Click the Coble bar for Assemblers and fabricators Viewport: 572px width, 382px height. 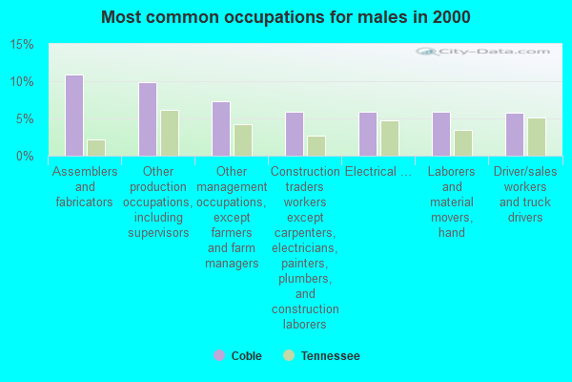click(x=74, y=116)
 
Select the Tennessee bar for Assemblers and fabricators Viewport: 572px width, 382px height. click(x=96, y=148)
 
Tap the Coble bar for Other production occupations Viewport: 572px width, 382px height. click(x=148, y=119)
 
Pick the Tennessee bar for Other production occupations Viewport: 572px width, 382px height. click(x=170, y=133)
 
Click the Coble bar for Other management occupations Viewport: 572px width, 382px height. click(x=221, y=129)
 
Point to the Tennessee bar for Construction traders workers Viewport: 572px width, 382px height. click(x=317, y=146)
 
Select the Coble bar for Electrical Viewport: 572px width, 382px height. click(x=368, y=134)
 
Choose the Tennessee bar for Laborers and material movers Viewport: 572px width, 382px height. click(x=463, y=143)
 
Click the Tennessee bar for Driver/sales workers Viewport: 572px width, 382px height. click(x=537, y=138)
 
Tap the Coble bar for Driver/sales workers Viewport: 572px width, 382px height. click(x=515, y=135)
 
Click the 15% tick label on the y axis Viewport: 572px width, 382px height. click(x=22, y=45)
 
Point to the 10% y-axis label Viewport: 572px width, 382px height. click(x=22, y=82)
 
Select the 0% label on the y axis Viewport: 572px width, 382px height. click(x=25, y=156)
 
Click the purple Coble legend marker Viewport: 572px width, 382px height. click(x=219, y=355)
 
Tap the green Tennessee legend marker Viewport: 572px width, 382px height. click(x=289, y=355)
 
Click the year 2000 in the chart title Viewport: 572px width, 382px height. click(x=452, y=17)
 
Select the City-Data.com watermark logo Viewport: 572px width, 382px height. click(x=482, y=52)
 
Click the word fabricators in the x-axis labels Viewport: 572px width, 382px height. click(x=84, y=202)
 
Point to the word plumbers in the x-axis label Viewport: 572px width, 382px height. click(x=305, y=279)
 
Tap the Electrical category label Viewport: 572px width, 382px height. click(x=378, y=172)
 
